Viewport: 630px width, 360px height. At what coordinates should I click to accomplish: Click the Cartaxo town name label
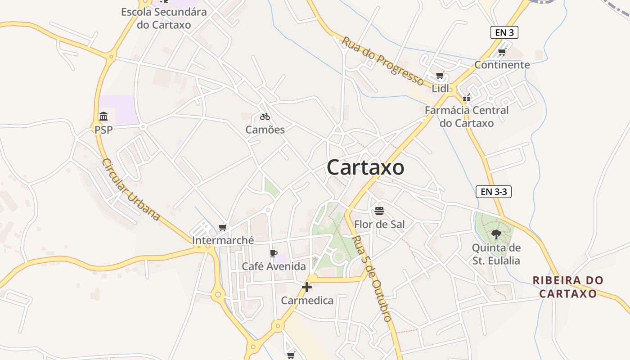(365, 167)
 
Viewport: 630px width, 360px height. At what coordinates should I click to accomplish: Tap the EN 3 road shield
(504, 32)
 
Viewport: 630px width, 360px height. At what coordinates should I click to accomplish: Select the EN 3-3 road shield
(494, 192)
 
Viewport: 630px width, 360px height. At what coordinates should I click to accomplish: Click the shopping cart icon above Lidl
(440, 76)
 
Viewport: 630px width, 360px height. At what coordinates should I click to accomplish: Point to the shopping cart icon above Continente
(502, 52)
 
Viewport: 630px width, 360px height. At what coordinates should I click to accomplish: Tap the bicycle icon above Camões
(265, 117)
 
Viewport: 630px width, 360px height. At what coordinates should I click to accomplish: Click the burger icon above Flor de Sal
(379, 211)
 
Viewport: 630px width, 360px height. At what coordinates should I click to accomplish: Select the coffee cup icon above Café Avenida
(273, 254)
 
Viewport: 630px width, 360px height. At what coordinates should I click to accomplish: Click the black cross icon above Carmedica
(307, 287)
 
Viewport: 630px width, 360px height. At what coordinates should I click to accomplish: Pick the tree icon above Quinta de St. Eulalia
(496, 234)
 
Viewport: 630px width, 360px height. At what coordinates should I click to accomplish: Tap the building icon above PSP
(103, 117)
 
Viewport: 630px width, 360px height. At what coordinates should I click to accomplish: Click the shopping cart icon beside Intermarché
(222, 228)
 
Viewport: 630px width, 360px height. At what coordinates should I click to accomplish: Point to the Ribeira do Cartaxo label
(568, 287)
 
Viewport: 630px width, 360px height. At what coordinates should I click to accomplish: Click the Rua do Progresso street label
(382, 61)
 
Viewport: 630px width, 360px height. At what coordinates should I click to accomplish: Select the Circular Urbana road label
(131, 189)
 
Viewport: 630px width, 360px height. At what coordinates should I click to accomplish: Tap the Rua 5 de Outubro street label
(372, 279)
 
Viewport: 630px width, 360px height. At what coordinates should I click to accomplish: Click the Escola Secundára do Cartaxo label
(164, 18)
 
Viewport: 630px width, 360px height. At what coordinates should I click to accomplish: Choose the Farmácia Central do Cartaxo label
(467, 117)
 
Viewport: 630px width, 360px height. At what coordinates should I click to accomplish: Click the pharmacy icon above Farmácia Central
(467, 97)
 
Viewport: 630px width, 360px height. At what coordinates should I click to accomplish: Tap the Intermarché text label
(223, 240)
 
